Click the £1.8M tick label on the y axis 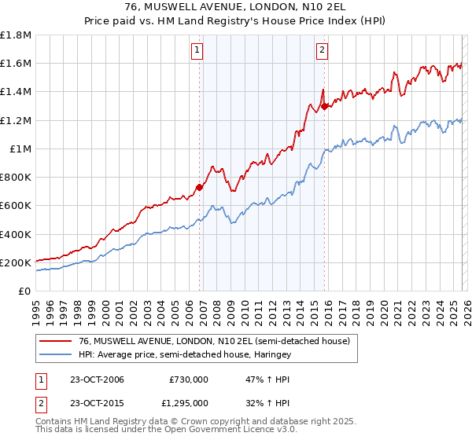click(x=16, y=35)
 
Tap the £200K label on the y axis click(x=16, y=262)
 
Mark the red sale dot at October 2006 click(x=199, y=187)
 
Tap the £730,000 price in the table click(x=189, y=379)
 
